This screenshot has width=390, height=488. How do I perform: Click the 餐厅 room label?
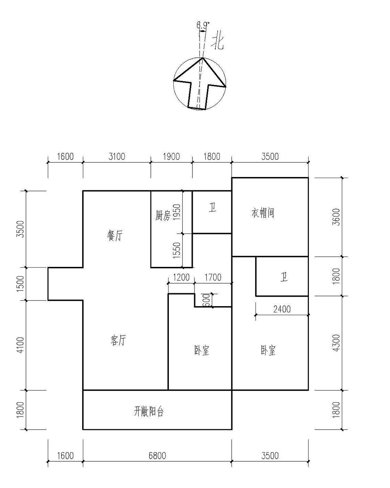(x=115, y=236)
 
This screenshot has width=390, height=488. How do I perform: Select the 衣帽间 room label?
(x=263, y=213)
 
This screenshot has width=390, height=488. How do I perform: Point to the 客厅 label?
(x=118, y=340)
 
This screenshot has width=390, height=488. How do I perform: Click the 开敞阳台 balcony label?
(x=148, y=412)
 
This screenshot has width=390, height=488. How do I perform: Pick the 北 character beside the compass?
(x=218, y=41)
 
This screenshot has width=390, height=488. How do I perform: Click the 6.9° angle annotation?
(x=203, y=25)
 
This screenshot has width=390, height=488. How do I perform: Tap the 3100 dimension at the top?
(x=117, y=157)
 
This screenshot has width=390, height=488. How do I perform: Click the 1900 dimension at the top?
(x=171, y=157)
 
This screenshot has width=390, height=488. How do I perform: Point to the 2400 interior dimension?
(x=282, y=309)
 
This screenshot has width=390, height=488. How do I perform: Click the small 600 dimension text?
(x=206, y=300)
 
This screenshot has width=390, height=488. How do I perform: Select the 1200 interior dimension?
(x=181, y=277)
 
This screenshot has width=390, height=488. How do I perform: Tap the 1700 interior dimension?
(x=213, y=277)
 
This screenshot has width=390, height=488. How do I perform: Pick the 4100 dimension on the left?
(x=21, y=345)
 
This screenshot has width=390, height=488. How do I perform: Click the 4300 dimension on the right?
(x=336, y=343)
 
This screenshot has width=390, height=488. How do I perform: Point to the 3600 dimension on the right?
(x=336, y=217)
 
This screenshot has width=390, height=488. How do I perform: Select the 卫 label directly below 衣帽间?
(x=284, y=277)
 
